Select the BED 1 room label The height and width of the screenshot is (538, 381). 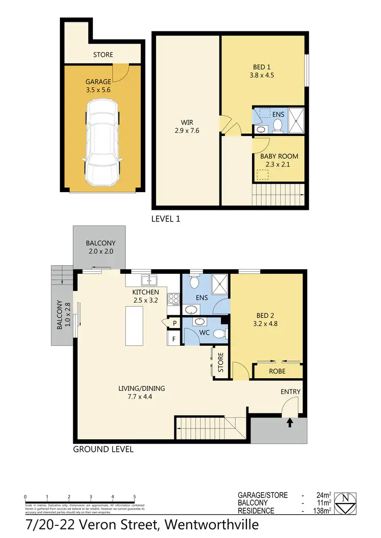[264, 71]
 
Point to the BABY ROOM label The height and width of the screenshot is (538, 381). [279, 160]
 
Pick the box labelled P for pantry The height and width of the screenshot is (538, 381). [174, 322]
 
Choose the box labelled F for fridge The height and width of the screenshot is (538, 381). [174, 338]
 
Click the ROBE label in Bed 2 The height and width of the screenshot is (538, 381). [277, 371]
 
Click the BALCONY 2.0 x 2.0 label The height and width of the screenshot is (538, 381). [100, 247]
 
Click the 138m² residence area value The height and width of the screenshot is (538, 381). [323, 511]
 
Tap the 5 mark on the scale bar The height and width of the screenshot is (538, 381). [135, 497]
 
